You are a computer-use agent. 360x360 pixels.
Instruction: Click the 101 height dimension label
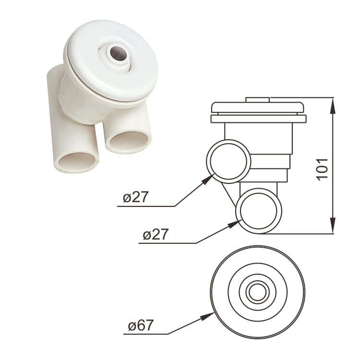click(323, 168)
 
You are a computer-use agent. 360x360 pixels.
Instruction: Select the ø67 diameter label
click(141, 326)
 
